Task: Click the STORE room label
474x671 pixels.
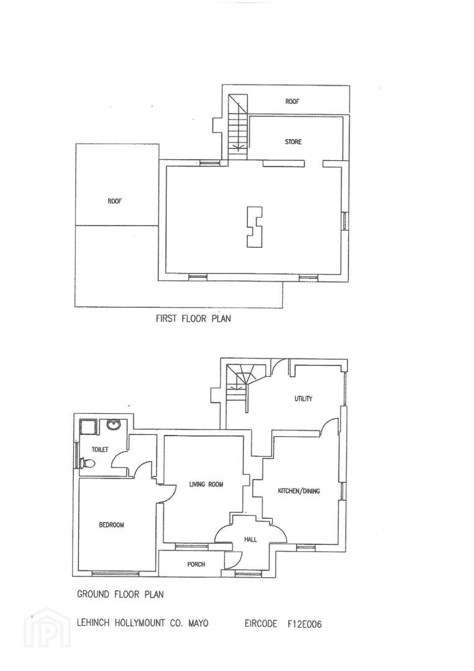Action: click(293, 142)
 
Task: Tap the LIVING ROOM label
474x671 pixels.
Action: click(206, 485)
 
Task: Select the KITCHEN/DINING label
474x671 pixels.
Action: click(299, 491)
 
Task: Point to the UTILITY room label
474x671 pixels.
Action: click(303, 398)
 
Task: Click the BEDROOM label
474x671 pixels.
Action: click(111, 524)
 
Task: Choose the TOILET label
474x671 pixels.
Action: click(100, 449)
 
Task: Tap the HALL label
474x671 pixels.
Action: click(250, 539)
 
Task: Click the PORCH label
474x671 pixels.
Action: click(196, 564)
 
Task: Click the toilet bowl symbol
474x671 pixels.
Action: click(87, 463)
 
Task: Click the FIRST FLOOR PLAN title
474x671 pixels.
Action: click(193, 318)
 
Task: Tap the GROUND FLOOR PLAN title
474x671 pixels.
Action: click(121, 594)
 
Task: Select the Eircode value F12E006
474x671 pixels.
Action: click(304, 624)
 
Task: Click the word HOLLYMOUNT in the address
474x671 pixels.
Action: click(140, 623)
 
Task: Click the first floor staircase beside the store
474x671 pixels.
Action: click(238, 127)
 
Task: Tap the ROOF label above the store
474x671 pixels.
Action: click(292, 101)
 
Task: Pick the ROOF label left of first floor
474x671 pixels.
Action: click(115, 201)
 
